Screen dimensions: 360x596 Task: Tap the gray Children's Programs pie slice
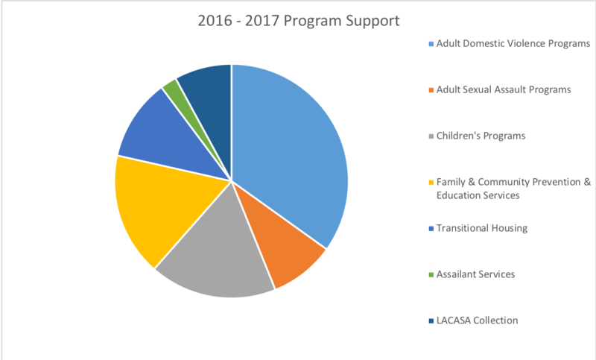coord(220,261)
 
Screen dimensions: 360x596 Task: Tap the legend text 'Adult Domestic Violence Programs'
coord(513,43)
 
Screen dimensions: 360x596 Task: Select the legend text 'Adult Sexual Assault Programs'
coord(504,89)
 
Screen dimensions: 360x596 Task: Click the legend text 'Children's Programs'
coord(481,136)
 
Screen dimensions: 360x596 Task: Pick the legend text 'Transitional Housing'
coord(482,228)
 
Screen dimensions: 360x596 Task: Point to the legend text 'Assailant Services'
coord(476,274)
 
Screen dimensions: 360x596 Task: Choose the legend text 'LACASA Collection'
coord(477,320)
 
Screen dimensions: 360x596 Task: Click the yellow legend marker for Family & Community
coord(431,183)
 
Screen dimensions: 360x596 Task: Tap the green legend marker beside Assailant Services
coord(431,275)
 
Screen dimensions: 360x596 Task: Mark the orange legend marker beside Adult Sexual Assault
coord(431,90)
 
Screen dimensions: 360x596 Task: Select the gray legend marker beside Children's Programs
coord(431,136)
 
